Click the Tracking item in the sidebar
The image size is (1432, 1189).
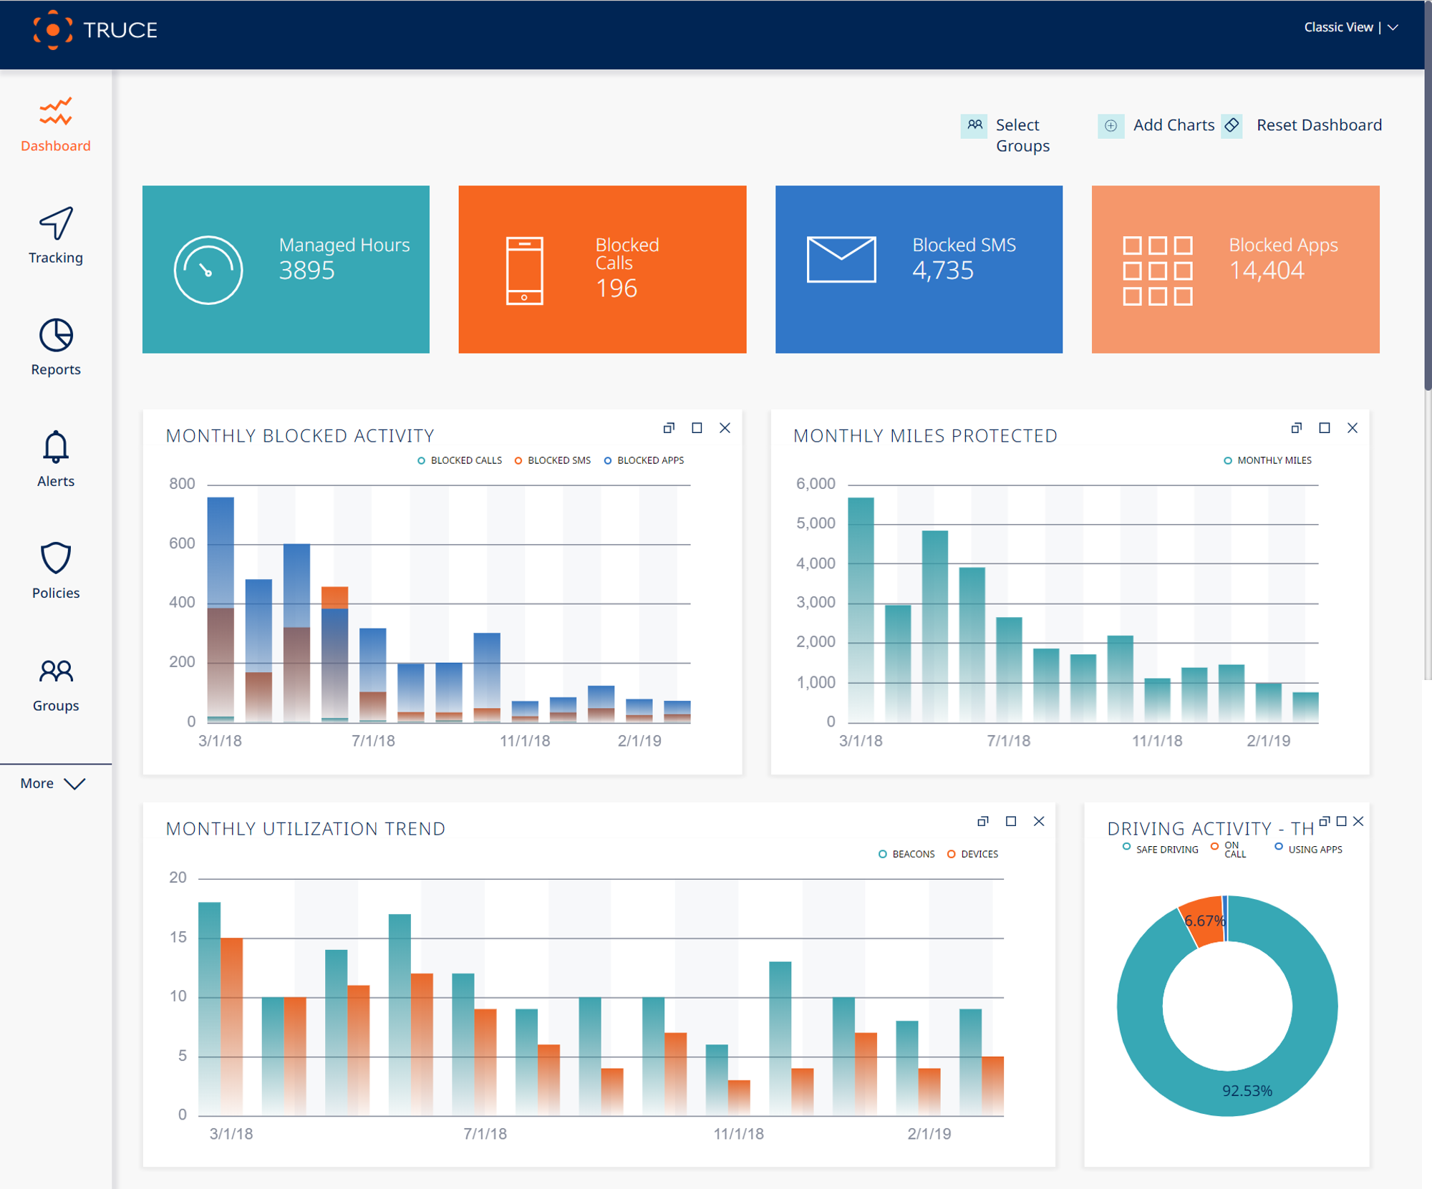click(x=56, y=236)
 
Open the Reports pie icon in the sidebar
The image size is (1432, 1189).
click(x=56, y=335)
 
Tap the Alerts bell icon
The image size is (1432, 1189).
click(x=56, y=447)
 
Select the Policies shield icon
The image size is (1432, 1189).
click(x=56, y=558)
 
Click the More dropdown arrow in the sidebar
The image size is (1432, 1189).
click(x=74, y=784)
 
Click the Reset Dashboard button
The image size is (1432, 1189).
click(x=1318, y=125)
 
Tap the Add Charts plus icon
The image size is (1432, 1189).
click(x=1111, y=126)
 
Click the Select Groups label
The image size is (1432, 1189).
click(x=1022, y=135)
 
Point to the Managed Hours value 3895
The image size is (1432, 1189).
click(x=306, y=271)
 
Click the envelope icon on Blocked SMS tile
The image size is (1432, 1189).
click(x=841, y=259)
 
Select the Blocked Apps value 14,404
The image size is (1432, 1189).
click(x=1266, y=271)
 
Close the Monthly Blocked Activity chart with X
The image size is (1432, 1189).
click(x=725, y=428)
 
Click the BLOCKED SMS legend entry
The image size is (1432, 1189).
click(x=558, y=460)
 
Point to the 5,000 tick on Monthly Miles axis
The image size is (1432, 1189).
click(x=816, y=523)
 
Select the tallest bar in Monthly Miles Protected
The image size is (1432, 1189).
click(x=861, y=608)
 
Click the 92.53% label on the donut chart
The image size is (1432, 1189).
click(x=1247, y=1091)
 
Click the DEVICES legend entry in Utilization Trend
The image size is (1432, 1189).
click(x=978, y=854)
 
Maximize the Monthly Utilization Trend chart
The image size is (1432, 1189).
click(x=1010, y=821)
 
